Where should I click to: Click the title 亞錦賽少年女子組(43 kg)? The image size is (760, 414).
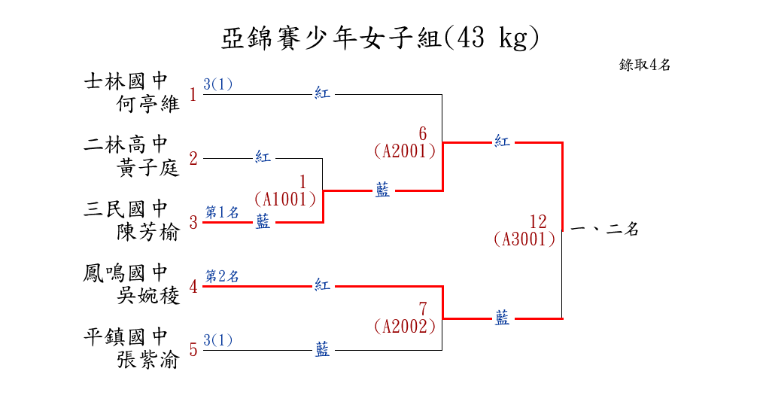[x=380, y=38]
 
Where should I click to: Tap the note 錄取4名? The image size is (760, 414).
[x=645, y=65]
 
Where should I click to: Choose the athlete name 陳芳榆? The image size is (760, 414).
[x=148, y=232]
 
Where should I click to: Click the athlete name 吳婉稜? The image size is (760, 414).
[x=148, y=296]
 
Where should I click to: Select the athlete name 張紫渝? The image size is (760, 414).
[x=148, y=360]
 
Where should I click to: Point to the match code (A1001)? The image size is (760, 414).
[x=284, y=199]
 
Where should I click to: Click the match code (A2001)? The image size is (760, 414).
[x=405, y=151]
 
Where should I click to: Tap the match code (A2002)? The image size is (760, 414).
[x=405, y=326]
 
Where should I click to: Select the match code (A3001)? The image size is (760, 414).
[x=524, y=239]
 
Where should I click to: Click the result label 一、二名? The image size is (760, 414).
[x=605, y=230]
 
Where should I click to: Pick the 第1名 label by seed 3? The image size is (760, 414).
[x=222, y=212]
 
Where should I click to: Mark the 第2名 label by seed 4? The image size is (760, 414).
[x=222, y=276]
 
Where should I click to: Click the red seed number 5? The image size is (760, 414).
[x=193, y=350]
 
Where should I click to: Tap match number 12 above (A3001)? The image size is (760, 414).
[x=538, y=222]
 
